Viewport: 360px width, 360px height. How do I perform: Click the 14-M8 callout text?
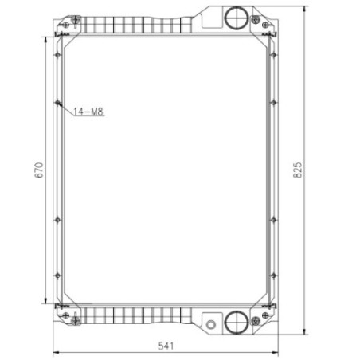(88, 112)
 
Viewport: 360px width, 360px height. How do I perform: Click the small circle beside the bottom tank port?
(212, 324)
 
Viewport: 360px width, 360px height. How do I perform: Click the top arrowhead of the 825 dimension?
(306, 7)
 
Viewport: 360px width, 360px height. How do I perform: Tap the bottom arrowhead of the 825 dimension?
(306, 333)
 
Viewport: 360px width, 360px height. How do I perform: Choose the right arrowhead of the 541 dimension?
(278, 351)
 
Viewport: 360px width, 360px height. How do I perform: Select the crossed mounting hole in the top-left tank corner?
(76, 20)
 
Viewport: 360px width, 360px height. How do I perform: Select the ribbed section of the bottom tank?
(135, 318)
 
